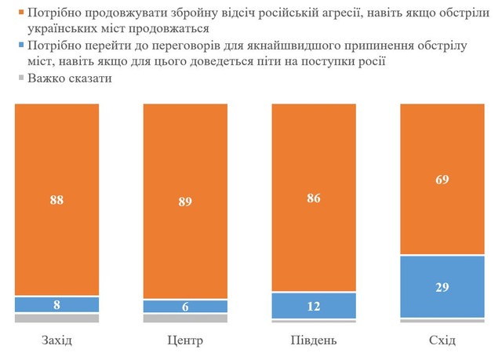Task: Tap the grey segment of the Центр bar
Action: coord(185,318)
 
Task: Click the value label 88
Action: coord(56,199)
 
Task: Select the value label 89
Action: coord(185,201)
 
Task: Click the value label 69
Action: coord(442,179)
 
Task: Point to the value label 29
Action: coord(442,287)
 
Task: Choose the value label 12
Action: coord(314,306)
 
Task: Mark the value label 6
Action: coord(185,307)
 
